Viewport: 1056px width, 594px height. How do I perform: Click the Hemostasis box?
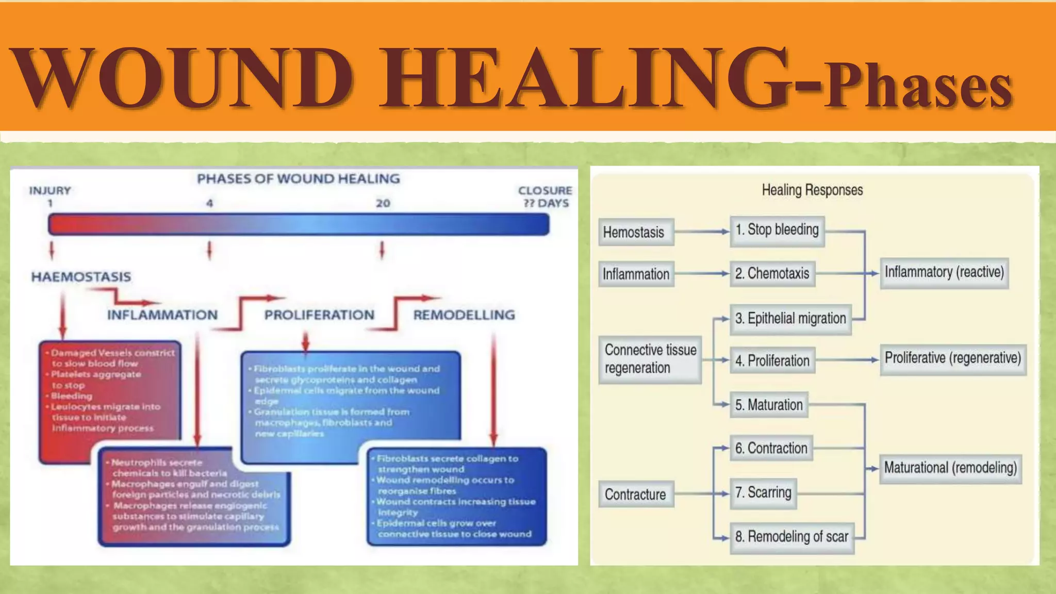pyautogui.click(x=635, y=232)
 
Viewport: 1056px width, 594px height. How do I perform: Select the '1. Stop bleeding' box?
pyautogui.click(x=777, y=230)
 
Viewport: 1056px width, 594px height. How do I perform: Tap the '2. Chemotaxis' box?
pyautogui.click(x=772, y=273)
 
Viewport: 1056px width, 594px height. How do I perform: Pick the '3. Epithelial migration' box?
pyautogui.click(x=790, y=319)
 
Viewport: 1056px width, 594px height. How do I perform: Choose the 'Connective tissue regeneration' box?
pyautogui.click(x=650, y=359)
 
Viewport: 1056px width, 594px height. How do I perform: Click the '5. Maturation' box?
pyautogui.click(x=768, y=405)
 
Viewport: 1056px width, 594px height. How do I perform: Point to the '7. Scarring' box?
pyautogui.click(x=763, y=493)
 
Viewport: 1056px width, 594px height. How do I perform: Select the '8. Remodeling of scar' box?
pyautogui.click(x=791, y=537)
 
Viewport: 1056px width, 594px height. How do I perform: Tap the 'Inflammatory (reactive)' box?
pyautogui.click(x=944, y=272)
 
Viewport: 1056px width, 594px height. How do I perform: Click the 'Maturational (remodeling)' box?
pyautogui.click(x=950, y=468)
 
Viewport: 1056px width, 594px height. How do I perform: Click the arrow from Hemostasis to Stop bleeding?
pyautogui.click(x=701, y=232)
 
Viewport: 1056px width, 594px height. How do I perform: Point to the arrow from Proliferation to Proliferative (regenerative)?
pyautogui.click(x=847, y=359)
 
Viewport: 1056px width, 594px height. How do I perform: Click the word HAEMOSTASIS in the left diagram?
pyautogui.click(x=81, y=277)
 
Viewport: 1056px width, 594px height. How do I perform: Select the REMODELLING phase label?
pyautogui.click(x=464, y=315)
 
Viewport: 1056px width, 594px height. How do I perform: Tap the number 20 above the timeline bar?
pyautogui.click(x=383, y=203)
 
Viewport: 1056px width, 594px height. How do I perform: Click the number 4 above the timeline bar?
pyautogui.click(x=209, y=203)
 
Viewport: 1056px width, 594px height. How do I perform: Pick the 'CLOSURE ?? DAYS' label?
pyautogui.click(x=545, y=196)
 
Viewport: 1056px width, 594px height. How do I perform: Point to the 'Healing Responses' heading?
pyautogui.click(x=812, y=190)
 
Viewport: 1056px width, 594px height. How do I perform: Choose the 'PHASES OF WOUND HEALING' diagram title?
pyautogui.click(x=298, y=179)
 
